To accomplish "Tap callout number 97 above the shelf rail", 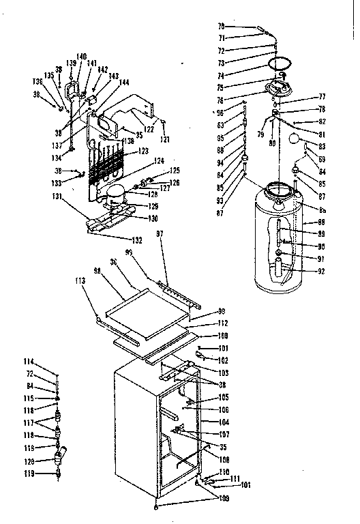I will pos(161,234).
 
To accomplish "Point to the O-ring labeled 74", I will pos(280,65).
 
